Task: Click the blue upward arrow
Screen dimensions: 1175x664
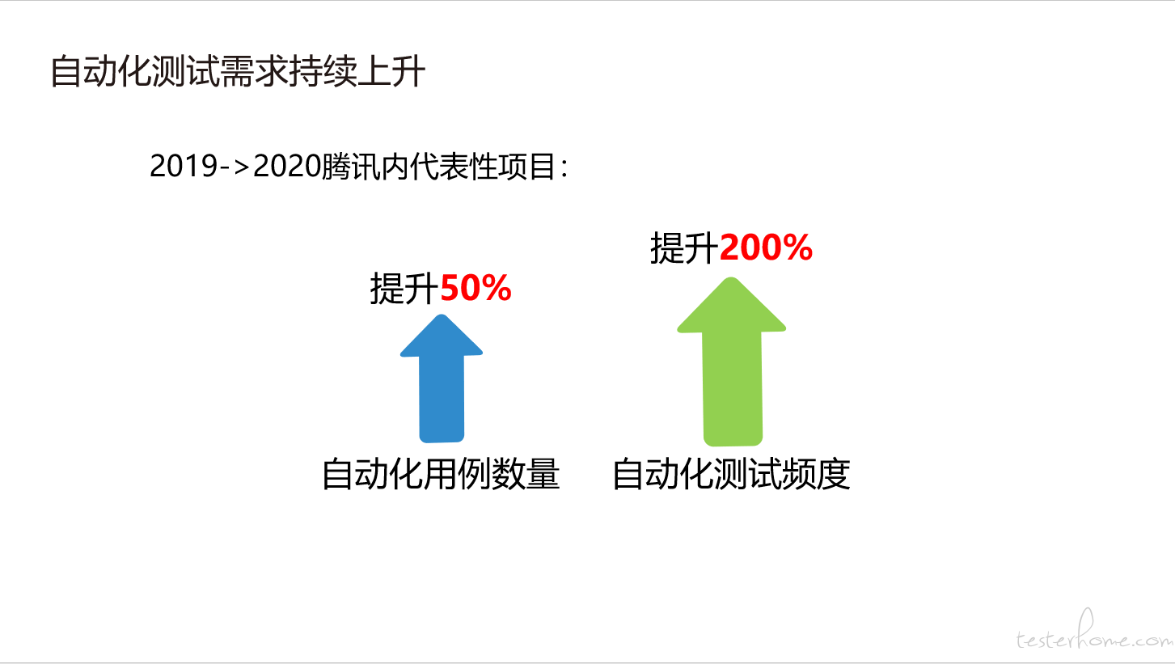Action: tap(442, 379)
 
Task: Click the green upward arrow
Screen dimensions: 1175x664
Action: tap(732, 362)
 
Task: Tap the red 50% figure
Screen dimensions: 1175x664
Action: tap(475, 288)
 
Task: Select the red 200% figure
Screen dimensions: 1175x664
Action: tap(767, 247)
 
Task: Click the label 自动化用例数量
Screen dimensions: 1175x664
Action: tap(441, 474)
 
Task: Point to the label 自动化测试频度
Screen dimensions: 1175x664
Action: tap(731, 474)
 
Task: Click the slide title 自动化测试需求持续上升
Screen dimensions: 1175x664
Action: tap(238, 71)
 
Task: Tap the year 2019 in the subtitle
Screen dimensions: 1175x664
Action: tap(184, 167)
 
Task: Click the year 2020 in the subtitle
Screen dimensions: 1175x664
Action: tap(287, 167)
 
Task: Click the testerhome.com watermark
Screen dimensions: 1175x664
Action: tap(1095, 631)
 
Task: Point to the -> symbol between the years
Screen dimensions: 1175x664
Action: tap(235, 167)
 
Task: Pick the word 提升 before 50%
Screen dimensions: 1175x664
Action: tap(405, 288)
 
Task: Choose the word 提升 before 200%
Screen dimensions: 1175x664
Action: tap(685, 247)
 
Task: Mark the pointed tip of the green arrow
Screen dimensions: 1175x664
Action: tap(731, 277)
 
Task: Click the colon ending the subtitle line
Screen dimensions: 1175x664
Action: tap(564, 168)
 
